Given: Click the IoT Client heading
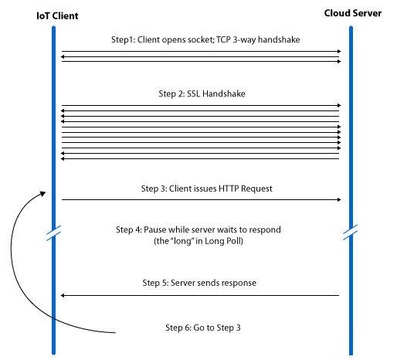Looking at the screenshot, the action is pos(57,16).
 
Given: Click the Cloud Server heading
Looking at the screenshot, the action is pos(353,13).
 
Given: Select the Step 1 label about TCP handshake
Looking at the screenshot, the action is pos(205,40).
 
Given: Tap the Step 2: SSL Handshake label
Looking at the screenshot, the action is pos(202,93).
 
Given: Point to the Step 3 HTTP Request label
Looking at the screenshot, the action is pos(206,188).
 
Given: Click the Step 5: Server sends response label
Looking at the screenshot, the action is pos(199,283).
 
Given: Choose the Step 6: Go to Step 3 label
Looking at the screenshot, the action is pos(203,328).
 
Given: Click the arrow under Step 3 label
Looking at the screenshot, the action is pos(202,199).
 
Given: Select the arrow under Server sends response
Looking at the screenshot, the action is pos(200,295).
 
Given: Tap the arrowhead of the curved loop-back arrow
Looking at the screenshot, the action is pos(42,194).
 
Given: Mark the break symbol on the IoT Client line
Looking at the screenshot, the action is pos(53,233).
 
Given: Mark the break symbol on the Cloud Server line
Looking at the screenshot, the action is pos(351,233).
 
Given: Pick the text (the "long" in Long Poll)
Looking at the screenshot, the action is pos(198,241).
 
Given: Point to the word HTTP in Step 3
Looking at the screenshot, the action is pos(229,188).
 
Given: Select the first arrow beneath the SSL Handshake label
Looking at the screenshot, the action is pos(202,105).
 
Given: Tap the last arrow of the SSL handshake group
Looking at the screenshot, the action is pos(200,159).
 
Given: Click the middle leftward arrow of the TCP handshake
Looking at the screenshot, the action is pos(200,56).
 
